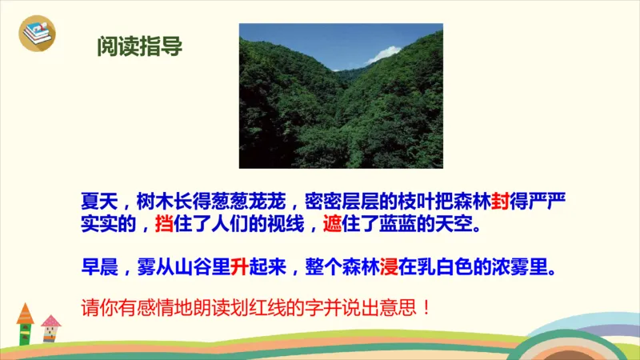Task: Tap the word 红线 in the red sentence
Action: (289, 307)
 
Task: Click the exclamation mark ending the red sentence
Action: (425, 307)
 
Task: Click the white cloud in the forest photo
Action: (385, 54)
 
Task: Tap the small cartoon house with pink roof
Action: (51, 328)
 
